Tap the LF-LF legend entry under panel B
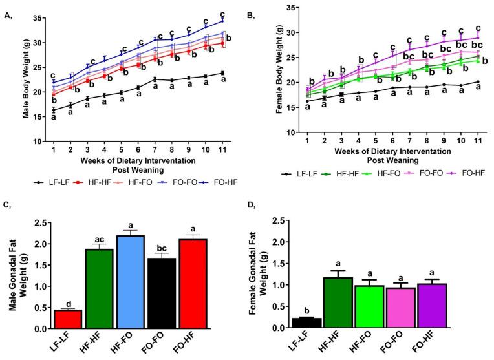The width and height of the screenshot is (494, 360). (x=294, y=174)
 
